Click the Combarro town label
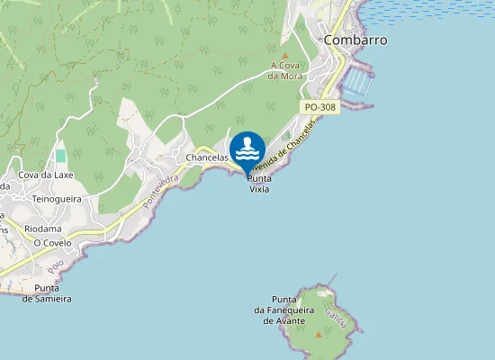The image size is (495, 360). [x=355, y=40]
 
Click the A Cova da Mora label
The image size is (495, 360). [x=285, y=70]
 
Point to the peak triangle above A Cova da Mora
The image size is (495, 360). [x=285, y=56]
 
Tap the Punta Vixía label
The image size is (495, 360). [x=259, y=184]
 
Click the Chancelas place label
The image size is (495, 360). [x=206, y=157]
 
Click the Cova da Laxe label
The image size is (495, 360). [x=46, y=175]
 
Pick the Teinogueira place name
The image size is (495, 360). [x=57, y=199]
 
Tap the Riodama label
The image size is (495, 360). [x=43, y=229]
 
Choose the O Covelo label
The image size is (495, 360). [x=51, y=243]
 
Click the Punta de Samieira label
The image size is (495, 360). [x=47, y=293]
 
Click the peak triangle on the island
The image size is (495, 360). [x=319, y=335]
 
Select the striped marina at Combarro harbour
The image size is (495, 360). [x=358, y=84]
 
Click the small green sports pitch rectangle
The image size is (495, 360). [x=61, y=156]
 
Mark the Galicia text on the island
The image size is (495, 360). [x=337, y=317]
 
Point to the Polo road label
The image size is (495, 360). [x=58, y=267]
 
